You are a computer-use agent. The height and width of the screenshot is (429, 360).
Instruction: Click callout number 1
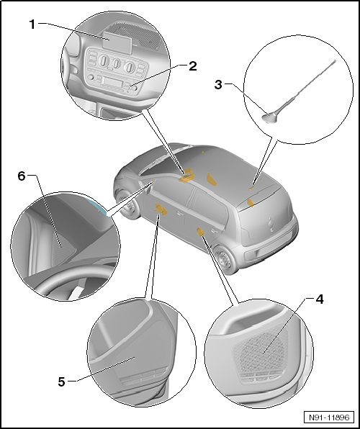(32, 24)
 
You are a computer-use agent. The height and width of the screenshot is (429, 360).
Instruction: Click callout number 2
(193, 66)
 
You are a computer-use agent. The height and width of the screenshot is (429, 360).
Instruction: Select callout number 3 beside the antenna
(218, 85)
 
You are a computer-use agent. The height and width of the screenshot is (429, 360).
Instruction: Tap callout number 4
(320, 299)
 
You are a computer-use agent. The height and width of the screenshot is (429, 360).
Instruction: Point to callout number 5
(62, 381)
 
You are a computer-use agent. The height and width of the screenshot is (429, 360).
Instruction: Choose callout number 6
(22, 176)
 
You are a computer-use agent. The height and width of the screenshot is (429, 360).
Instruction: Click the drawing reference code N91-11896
(329, 417)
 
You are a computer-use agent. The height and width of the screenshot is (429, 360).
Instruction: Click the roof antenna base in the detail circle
(270, 119)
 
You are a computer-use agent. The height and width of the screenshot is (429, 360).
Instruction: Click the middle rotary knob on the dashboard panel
(117, 63)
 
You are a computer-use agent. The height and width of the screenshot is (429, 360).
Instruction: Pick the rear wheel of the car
(226, 260)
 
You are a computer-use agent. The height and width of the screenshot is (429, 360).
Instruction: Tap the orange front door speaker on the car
(161, 209)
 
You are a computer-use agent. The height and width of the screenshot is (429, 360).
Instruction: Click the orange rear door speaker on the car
(200, 232)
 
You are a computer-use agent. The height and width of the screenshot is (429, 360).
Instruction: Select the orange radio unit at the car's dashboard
(186, 176)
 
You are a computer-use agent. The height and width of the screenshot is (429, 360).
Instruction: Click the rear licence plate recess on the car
(255, 254)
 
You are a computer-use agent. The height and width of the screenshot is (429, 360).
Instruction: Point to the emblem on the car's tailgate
(271, 225)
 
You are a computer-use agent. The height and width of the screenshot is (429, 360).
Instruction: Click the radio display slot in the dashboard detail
(112, 82)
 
